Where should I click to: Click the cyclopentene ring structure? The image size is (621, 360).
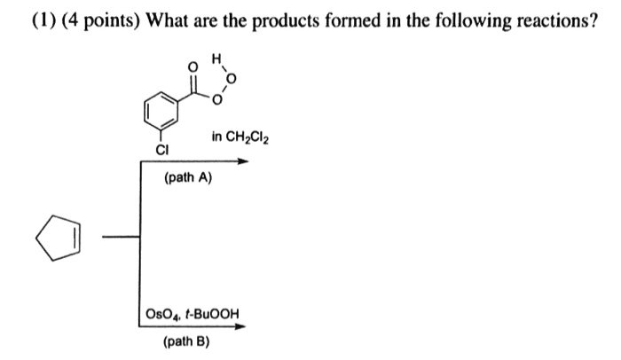point(60,238)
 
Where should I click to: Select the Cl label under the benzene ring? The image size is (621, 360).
point(161,150)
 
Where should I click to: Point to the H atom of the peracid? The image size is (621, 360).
point(216,59)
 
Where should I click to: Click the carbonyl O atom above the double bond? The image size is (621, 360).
point(186,67)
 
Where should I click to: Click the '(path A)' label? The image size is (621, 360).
point(189,178)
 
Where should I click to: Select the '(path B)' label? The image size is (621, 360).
point(187,340)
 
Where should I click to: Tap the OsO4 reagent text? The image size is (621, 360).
point(165,314)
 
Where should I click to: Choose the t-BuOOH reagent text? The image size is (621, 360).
point(214,314)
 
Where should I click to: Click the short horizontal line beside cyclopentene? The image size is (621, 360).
point(121,237)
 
